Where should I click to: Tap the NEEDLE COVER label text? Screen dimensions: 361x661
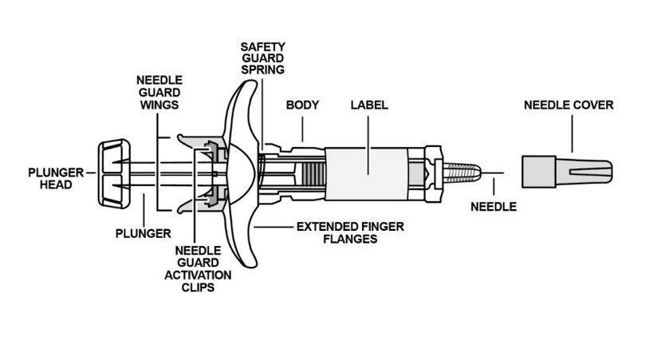(x=569, y=105)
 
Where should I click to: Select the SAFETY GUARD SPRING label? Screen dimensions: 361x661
(x=262, y=58)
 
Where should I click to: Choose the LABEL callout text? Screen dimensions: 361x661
(x=369, y=105)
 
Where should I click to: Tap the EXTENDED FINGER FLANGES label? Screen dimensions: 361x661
(x=350, y=232)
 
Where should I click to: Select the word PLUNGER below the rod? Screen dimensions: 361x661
(x=144, y=233)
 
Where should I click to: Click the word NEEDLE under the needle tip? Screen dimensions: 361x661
(x=494, y=207)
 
